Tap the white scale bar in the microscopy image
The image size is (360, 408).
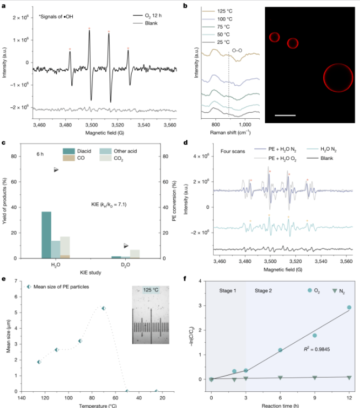(x=285, y=115)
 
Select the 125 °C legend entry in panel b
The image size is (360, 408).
(x=218, y=11)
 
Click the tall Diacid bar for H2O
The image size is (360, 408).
(x=46, y=235)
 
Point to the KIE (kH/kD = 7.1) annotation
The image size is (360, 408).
(x=109, y=205)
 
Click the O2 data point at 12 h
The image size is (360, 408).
(x=349, y=308)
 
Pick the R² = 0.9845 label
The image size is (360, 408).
(x=316, y=349)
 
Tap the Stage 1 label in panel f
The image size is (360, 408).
(x=228, y=291)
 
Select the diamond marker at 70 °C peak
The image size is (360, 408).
(x=104, y=308)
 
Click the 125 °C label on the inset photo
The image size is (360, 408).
(x=151, y=290)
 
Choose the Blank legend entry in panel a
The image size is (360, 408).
(x=145, y=23)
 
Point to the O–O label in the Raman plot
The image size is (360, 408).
(x=237, y=51)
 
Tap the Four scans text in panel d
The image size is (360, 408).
(x=233, y=151)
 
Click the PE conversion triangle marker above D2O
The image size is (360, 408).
(x=126, y=246)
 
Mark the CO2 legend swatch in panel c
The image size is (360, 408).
(x=106, y=158)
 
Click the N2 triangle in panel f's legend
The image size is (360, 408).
(x=335, y=291)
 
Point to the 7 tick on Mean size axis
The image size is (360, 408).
(x=16, y=281)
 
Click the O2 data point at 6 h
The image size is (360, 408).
(x=280, y=350)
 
